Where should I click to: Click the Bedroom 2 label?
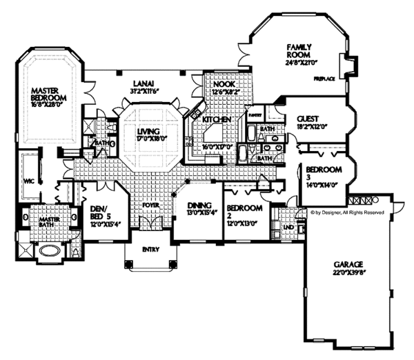coord(245,208)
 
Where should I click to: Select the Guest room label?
coord(307,119)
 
